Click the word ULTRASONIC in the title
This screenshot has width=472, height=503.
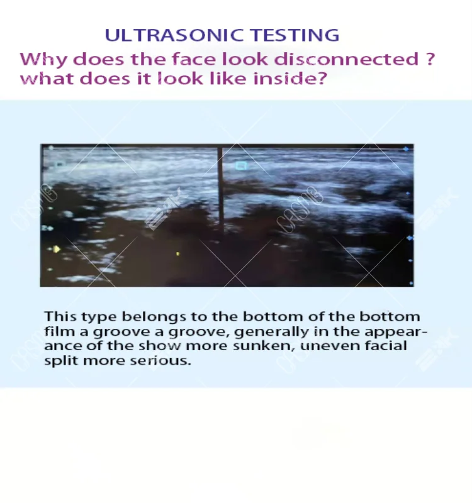pos(174,35)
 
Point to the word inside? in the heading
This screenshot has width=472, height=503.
pos(290,79)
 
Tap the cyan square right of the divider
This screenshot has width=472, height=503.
pos(241,165)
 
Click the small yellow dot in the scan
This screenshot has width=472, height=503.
pos(178,254)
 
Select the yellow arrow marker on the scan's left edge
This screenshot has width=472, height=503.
pos(57,249)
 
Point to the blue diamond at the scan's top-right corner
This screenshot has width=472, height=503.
pos(406,149)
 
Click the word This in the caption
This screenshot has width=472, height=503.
pos(60,317)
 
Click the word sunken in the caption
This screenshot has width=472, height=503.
pos(264,346)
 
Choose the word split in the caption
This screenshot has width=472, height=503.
pos(61,361)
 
